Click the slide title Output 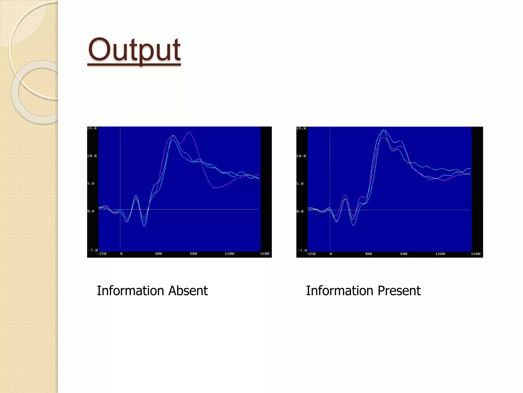click(134, 50)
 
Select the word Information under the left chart click(130, 291)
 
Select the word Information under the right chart click(340, 291)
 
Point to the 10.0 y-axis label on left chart click(92, 156)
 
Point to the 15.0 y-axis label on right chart click(301, 128)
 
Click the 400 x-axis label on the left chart click(158, 254)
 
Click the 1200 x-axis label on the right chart click(440, 254)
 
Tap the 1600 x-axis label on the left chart click(265, 254)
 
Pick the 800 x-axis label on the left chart click(194, 254)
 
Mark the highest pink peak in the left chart click(189, 132)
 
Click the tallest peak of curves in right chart click(384, 131)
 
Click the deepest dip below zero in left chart click(144, 226)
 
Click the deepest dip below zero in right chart click(354, 225)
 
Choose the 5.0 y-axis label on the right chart click(300, 183)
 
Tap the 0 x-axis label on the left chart click(121, 254)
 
